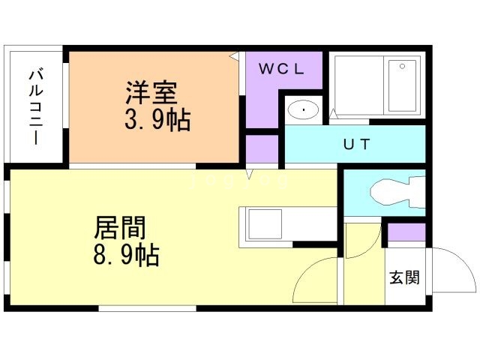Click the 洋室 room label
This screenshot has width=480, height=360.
coord(151,95)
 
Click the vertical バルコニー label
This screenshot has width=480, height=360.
coord(34,107)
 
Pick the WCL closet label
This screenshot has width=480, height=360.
coord(281,70)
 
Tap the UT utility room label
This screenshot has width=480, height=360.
coord(355,143)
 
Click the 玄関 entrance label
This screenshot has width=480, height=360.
coord(403,277)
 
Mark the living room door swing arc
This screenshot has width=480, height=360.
coord(315,281)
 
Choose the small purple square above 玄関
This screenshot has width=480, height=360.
coord(406,234)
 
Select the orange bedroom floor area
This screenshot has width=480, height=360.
coord(112,142)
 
